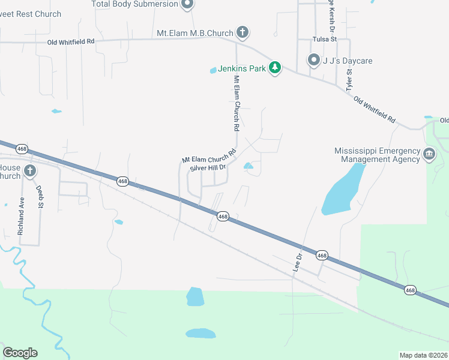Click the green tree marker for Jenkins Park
click(x=275, y=67)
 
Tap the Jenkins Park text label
click(x=241, y=68)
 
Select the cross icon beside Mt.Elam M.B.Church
click(x=242, y=32)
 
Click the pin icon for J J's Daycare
click(x=313, y=60)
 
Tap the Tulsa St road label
click(x=325, y=39)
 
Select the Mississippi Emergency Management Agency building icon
click(x=429, y=154)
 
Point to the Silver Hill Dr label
click(x=207, y=168)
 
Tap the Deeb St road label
click(x=40, y=196)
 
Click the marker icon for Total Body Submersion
click(x=187, y=5)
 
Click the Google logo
click(x=20, y=353)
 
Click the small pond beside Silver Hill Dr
click(x=249, y=166)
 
